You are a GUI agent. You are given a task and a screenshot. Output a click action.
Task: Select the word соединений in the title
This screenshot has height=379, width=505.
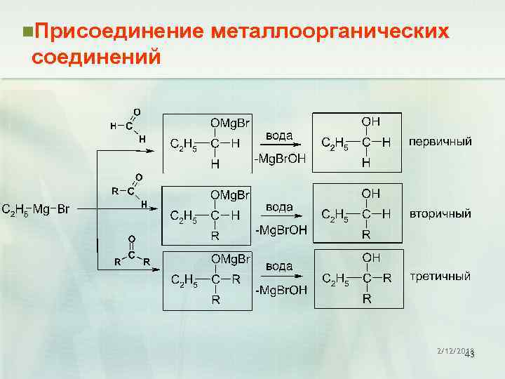coord(96,55)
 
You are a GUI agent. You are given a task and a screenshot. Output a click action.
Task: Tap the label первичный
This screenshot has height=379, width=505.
coord(440,142)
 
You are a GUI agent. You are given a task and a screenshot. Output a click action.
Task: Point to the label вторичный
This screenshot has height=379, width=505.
coord(440,213)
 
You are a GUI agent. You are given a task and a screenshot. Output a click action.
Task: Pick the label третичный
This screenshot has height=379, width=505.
coord(440,276)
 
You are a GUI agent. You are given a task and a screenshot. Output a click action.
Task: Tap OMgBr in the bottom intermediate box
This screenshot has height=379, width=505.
coord(230,258)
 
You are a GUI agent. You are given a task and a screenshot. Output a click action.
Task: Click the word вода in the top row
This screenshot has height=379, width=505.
coord(278,135)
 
